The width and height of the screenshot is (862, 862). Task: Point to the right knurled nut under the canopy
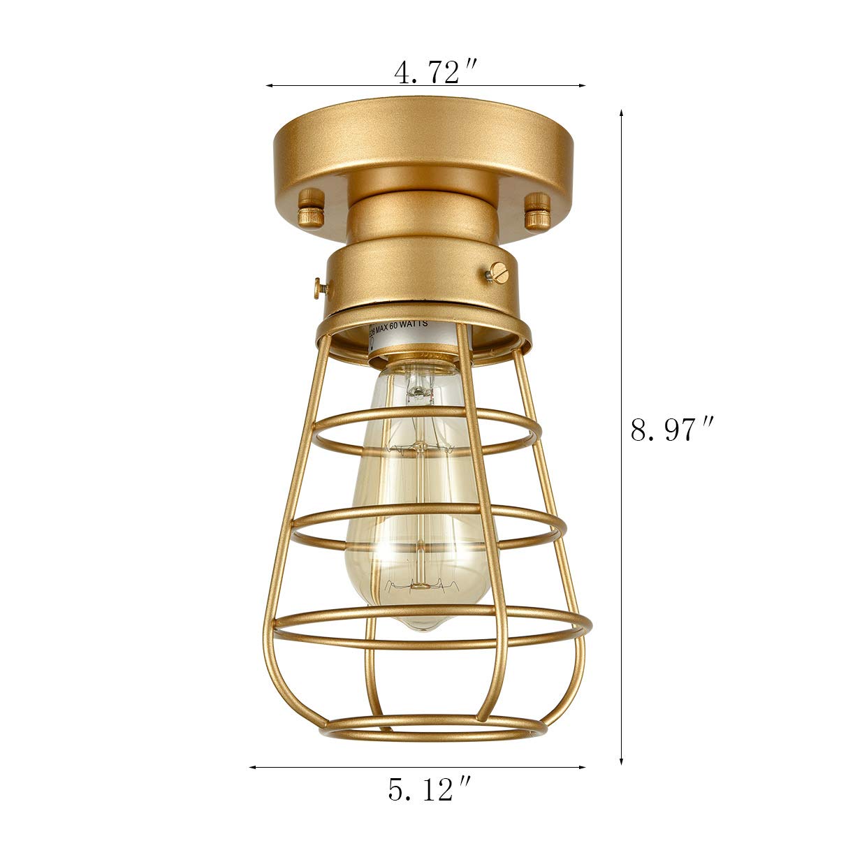536,209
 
